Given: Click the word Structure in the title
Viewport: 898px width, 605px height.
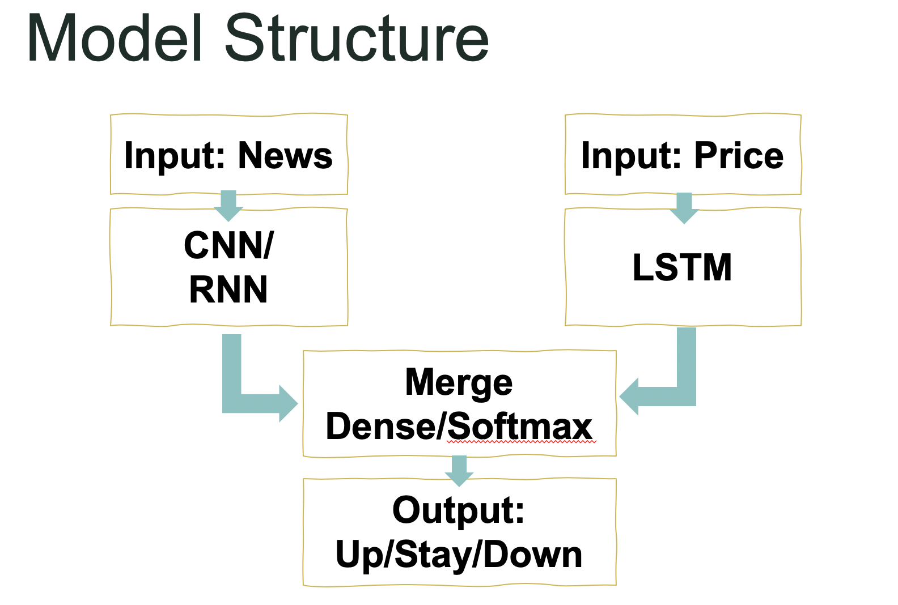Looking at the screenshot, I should tap(357, 40).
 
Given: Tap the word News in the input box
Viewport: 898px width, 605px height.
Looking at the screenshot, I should tap(285, 156).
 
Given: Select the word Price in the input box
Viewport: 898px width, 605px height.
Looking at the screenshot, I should tap(739, 156).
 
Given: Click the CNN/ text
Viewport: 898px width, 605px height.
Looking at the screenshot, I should tap(229, 246).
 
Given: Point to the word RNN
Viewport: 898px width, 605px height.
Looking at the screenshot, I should tap(228, 290).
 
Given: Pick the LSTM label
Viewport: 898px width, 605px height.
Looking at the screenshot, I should tap(683, 267).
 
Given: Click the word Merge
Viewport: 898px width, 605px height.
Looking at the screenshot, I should tap(459, 382).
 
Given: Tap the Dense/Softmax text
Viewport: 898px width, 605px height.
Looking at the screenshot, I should tap(459, 427).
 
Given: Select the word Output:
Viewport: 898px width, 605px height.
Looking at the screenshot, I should tap(459, 510).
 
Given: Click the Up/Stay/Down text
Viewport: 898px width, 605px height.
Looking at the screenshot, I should tap(459, 555).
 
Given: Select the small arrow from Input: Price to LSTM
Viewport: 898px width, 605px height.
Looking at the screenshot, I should tap(684, 208).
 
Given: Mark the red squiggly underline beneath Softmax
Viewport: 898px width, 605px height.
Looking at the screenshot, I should tap(522, 442).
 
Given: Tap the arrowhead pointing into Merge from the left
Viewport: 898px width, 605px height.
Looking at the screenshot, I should tap(288, 403).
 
